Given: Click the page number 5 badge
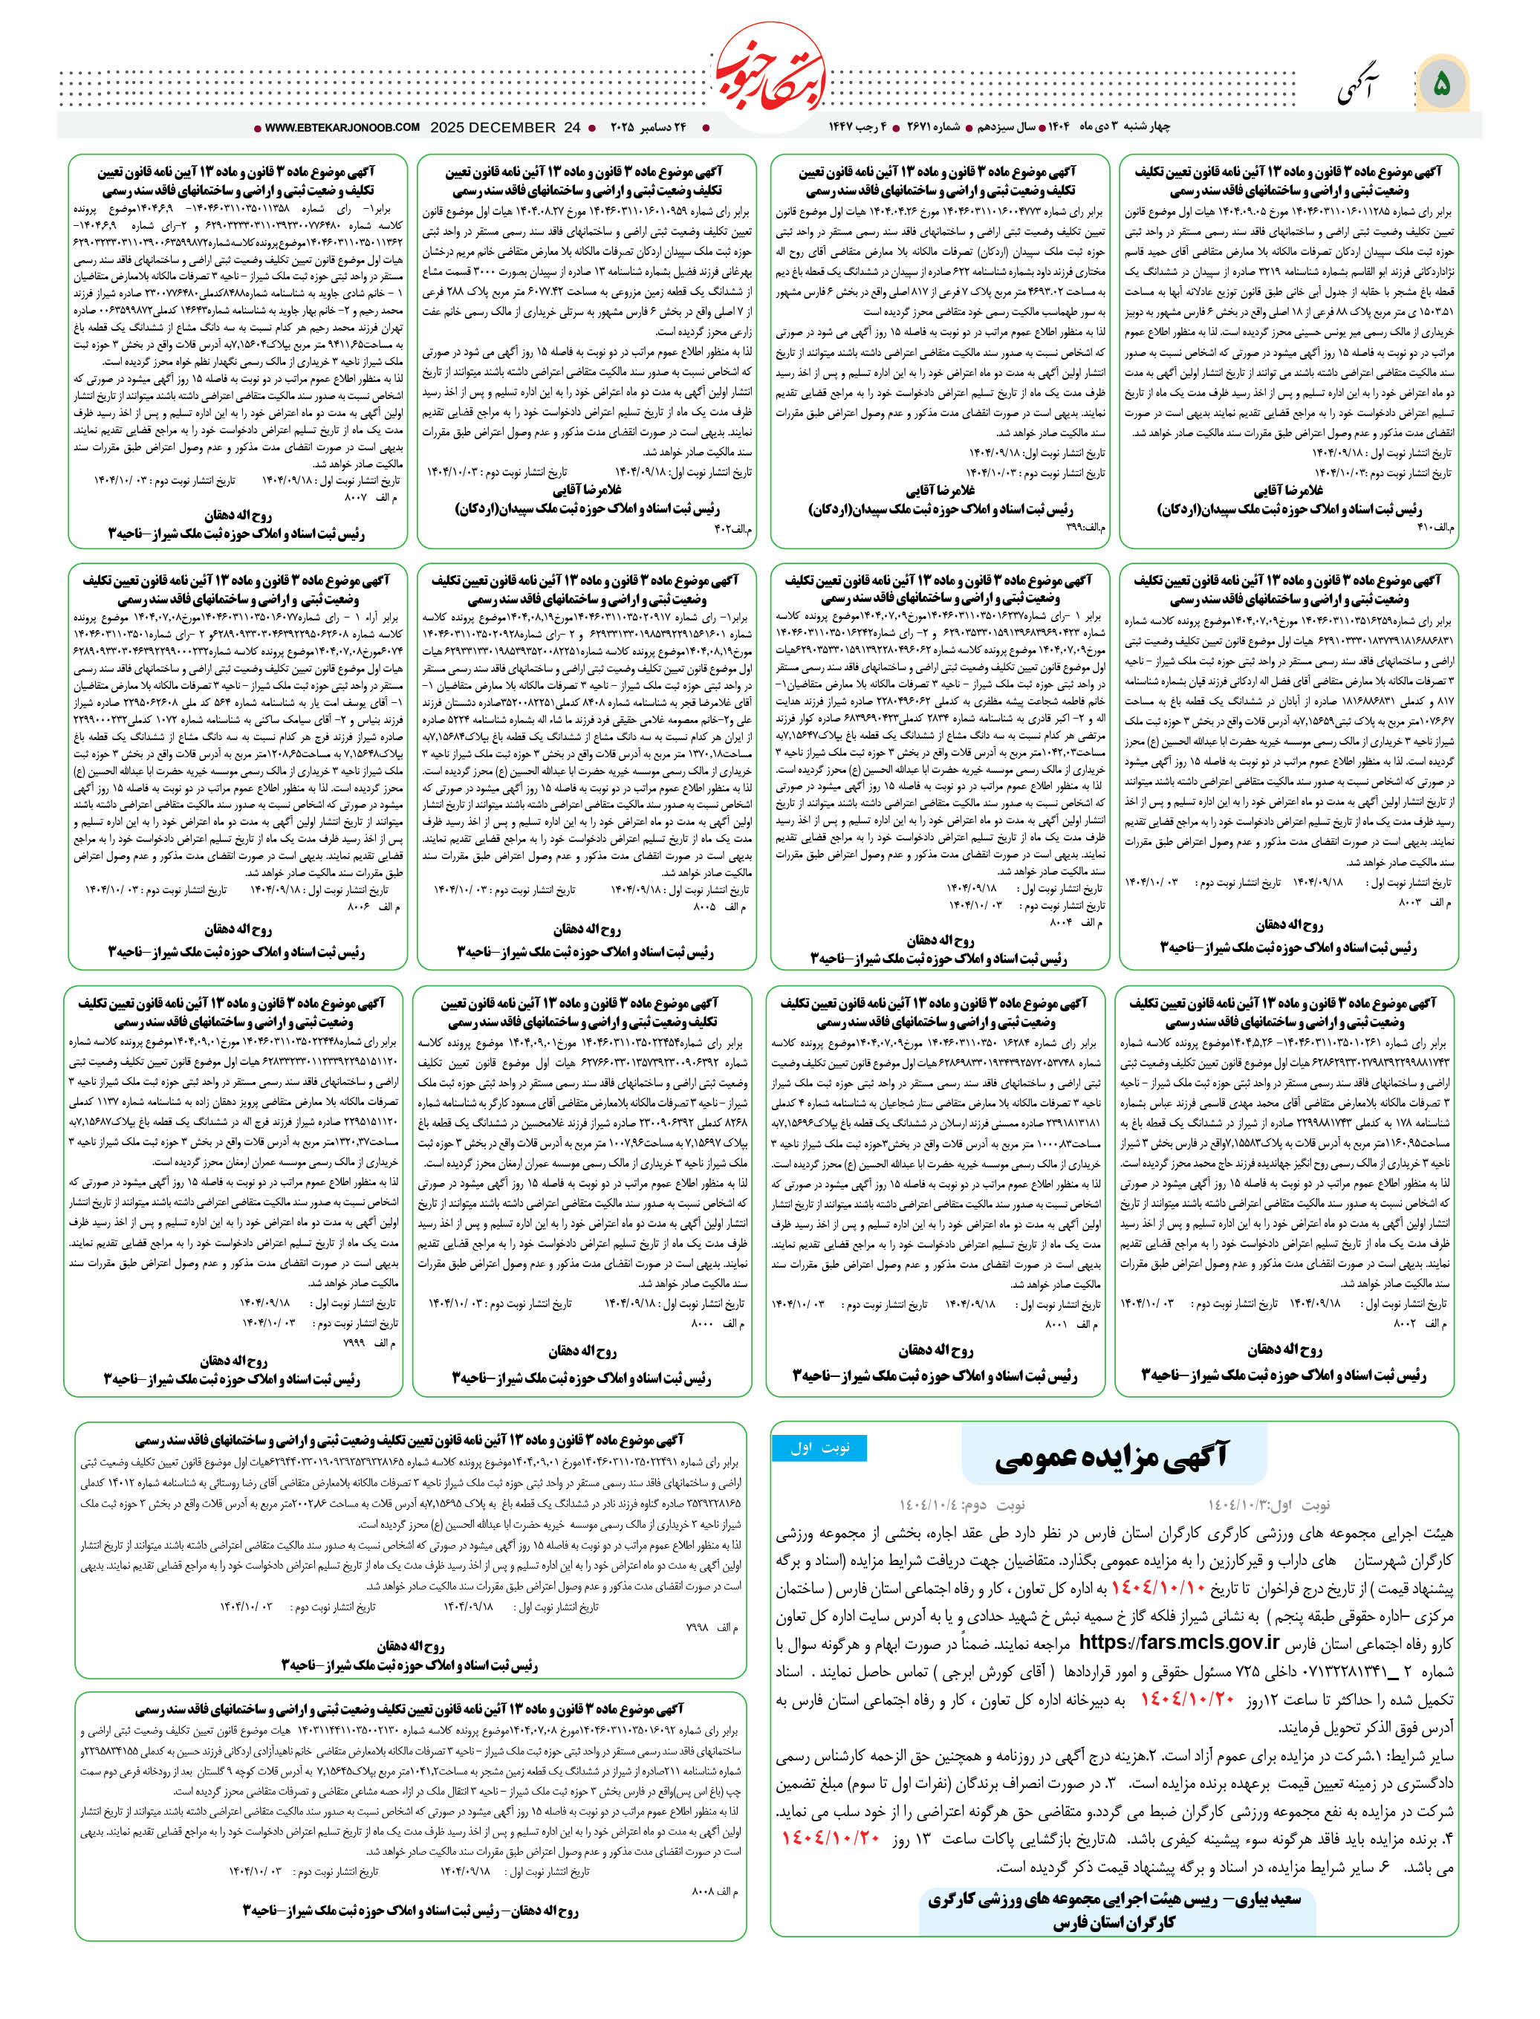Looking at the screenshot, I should tap(1441, 85).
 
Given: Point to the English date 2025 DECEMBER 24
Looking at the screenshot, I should tap(505, 129).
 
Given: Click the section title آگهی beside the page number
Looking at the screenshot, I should tap(1359, 87).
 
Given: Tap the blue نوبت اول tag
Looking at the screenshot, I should tap(819, 1448).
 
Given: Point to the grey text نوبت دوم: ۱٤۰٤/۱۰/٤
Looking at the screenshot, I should tap(963, 1506).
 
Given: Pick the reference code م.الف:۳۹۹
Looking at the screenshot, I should tap(1086, 529).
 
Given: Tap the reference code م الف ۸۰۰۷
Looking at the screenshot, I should tap(371, 498).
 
